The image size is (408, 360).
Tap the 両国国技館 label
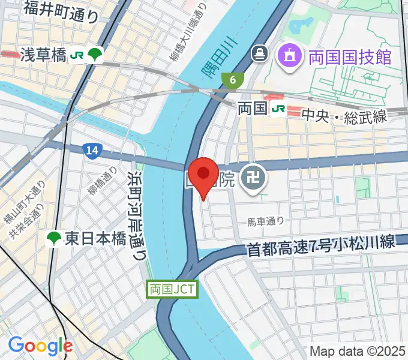(350, 57)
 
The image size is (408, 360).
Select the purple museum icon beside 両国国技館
(288, 57)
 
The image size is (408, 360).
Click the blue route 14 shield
(91, 152)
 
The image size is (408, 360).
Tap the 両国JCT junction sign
(171, 289)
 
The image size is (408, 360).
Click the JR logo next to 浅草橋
(77, 55)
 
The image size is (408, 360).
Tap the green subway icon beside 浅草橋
(95, 55)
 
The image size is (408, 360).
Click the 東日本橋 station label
(94, 239)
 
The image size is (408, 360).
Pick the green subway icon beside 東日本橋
(54, 239)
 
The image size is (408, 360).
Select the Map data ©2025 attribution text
(358, 351)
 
